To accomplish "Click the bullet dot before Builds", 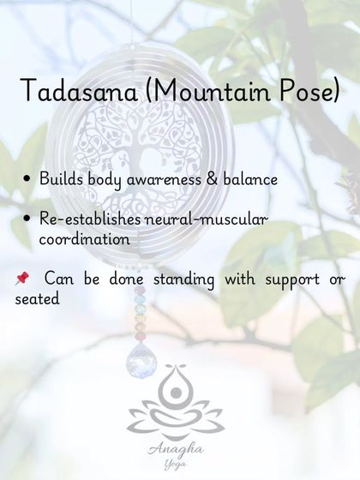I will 30,180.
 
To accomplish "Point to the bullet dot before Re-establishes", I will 30,220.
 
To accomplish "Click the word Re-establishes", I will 81,220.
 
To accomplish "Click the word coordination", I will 84,240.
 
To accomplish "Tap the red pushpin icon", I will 22,279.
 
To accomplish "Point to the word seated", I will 36,300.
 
